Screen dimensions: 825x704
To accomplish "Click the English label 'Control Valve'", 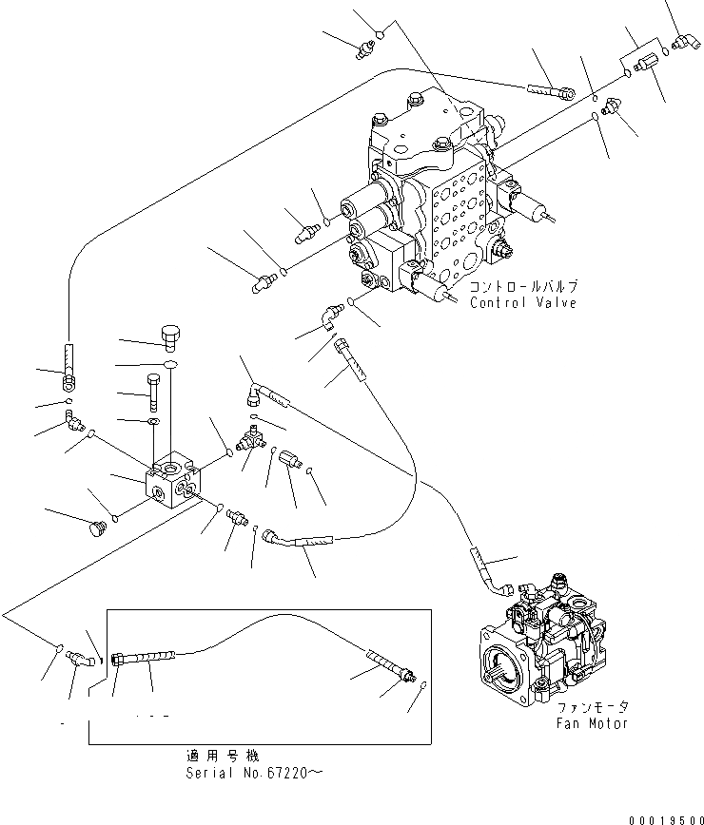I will pos(522,303).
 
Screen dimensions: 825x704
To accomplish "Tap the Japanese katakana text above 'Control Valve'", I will pos(524,286).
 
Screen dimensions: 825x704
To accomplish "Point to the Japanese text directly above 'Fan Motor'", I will pos(593,707).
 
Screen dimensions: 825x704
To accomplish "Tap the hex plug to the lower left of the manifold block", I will pos(94,527).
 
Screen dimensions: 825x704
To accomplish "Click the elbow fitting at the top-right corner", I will pos(680,41).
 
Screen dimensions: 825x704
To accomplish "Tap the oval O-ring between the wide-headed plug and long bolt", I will pos(168,364).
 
